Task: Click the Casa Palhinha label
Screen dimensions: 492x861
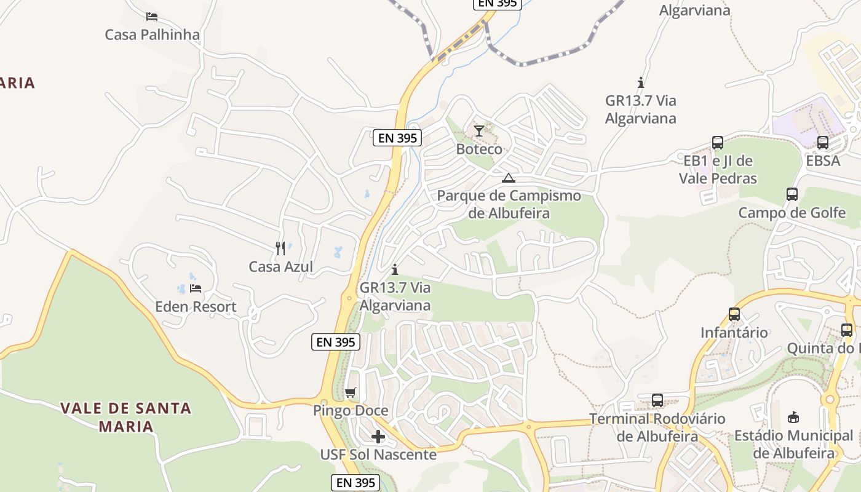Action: [x=152, y=34]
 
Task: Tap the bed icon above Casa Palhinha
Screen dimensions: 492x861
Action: [x=152, y=16]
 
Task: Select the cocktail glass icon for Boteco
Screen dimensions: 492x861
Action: [x=478, y=130]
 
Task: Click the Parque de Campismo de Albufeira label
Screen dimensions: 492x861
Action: [x=509, y=204]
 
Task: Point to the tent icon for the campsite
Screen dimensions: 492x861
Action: [x=508, y=178]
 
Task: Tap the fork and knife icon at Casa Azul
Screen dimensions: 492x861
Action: [x=280, y=248]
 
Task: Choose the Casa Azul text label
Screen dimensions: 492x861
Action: [x=280, y=267]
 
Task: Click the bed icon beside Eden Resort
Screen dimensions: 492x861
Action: [x=196, y=288]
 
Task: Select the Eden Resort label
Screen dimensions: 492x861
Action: [x=196, y=306]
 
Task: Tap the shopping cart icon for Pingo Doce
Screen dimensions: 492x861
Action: [x=351, y=392]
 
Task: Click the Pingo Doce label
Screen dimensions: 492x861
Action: [x=351, y=411]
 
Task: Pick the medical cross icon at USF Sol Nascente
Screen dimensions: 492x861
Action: [x=378, y=437]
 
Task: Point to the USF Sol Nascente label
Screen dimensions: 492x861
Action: [x=378, y=455]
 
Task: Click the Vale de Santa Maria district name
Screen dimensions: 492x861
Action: [x=126, y=416]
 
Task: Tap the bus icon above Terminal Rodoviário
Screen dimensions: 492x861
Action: [x=657, y=400]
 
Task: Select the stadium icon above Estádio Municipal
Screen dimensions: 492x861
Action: [x=793, y=417]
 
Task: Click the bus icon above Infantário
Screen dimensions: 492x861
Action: [x=734, y=314]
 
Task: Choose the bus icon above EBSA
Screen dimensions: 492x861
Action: [x=823, y=143]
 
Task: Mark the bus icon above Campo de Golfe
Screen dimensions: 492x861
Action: [x=792, y=194]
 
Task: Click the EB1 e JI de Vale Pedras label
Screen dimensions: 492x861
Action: [x=718, y=170]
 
